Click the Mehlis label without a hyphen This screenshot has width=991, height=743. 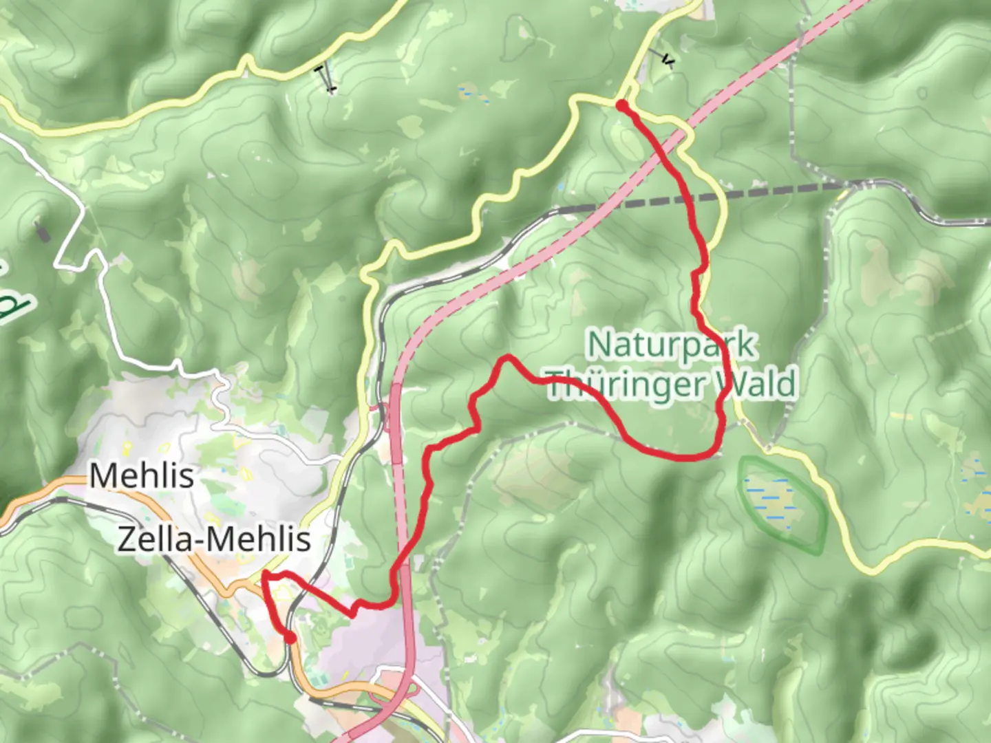(x=142, y=475)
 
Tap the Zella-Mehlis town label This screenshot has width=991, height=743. (x=214, y=540)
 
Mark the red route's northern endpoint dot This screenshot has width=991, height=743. (x=621, y=105)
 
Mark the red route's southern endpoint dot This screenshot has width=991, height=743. (x=290, y=638)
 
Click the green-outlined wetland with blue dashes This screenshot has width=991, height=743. (x=782, y=504)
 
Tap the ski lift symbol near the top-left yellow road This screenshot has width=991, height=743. (x=325, y=78)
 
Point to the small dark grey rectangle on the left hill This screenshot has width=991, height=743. (x=42, y=233)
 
